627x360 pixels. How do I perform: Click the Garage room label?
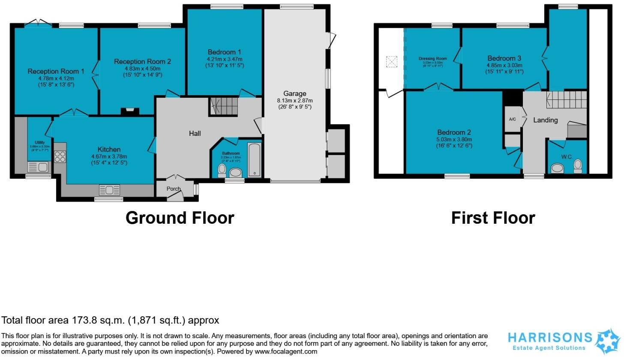(x=295, y=93)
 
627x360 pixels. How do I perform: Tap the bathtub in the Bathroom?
(x=254, y=161)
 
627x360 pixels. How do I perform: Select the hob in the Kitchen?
(x=60, y=157)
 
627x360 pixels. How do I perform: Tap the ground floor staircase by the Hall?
(x=223, y=106)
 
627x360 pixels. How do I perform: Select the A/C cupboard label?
(x=512, y=119)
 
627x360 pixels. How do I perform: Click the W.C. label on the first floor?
(x=567, y=157)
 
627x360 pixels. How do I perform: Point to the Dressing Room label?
(x=432, y=59)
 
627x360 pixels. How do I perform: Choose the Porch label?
(x=174, y=189)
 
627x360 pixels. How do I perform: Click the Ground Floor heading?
(x=180, y=218)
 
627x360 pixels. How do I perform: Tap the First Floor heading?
(x=493, y=218)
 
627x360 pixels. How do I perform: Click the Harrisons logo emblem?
(x=609, y=341)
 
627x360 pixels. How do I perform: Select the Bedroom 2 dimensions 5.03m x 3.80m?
(x=454, y=139)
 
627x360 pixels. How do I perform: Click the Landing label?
(x=545, y=120)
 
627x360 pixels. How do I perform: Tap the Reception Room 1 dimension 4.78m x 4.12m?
(x=56, y=78)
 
